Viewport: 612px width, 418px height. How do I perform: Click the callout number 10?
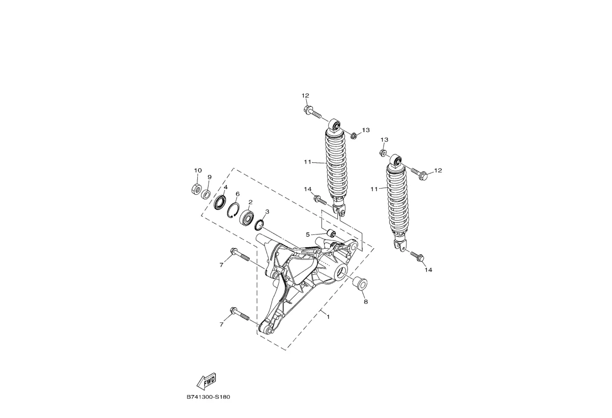[198, 170]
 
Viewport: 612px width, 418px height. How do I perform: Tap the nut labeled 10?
[196, 190]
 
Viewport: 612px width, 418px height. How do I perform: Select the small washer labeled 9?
[207, 194]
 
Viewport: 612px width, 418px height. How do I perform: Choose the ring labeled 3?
[259, 224]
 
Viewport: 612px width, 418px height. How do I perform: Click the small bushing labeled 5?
[331, 234]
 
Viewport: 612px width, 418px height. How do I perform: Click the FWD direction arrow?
[207, 380]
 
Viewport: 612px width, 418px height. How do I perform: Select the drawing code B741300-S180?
[209, 397]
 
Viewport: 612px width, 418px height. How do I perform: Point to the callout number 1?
[328, 317]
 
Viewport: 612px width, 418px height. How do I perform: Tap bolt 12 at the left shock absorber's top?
[311, 111]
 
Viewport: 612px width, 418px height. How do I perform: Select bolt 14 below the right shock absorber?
[417, 257]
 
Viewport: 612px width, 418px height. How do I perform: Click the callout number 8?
[365, 302]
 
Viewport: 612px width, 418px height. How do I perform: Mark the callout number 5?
[308, 234]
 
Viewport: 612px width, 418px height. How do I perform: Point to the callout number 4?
[225, 188]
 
